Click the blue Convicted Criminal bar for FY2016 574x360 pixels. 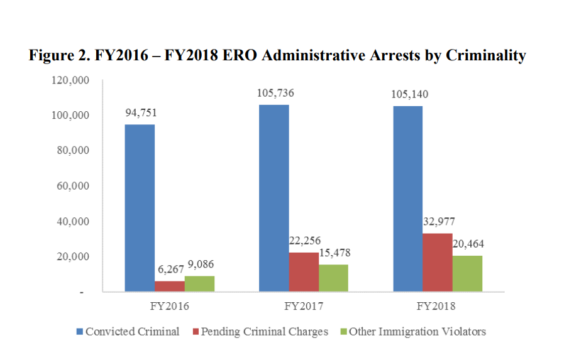tap(140, 208)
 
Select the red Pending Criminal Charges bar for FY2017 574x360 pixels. tap(304, 272)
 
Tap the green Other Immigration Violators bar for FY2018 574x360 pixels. tap(468, 273)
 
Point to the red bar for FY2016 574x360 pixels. tap(170, 286)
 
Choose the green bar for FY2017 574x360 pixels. tap(333, 278)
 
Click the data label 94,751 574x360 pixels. tap(140, 114)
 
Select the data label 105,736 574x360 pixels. tap(275, 93)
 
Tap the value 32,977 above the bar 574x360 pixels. tap(439, 221)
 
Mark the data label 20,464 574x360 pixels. tap(468, 244)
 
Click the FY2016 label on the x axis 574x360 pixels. tap(170, 307)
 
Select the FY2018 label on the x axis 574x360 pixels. tap(438, 307)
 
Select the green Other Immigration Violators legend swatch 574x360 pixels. tap(343, 331)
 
